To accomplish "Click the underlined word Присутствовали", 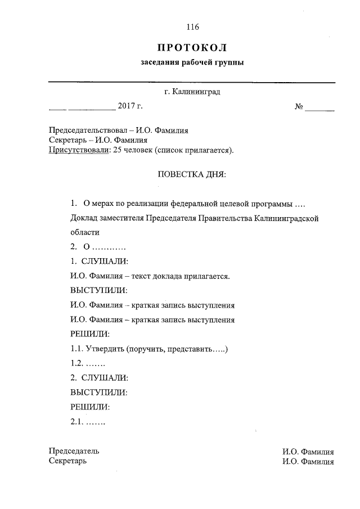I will pos(78,150).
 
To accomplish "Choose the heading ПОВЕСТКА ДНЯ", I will pos(191,175).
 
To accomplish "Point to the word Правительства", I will pos(220,218).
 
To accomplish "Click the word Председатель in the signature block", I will pos(74,451).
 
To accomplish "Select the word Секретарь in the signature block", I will pos(67,461).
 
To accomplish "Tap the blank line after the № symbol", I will pos(319,107).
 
